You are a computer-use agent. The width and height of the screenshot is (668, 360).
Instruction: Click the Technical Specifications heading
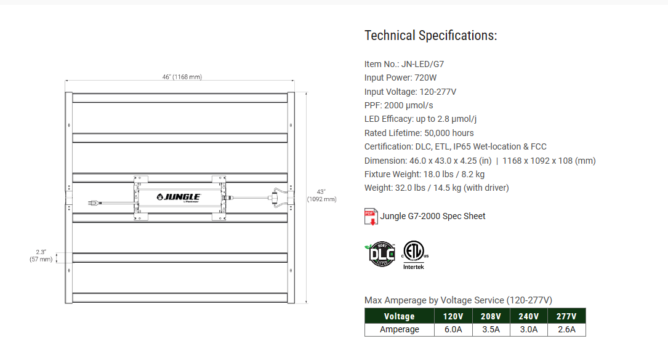point(430,36)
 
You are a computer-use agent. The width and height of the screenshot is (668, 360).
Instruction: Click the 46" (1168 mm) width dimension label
point(182,77)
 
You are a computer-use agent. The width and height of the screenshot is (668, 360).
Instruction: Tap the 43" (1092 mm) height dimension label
point(322,195)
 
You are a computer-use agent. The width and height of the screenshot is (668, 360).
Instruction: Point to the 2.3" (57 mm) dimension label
point(41,256)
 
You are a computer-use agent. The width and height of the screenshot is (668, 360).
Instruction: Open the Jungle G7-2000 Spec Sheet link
point(433,216)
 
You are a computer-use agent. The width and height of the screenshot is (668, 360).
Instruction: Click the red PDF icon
point(371,217)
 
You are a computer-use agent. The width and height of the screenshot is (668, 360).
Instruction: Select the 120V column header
point(453,316)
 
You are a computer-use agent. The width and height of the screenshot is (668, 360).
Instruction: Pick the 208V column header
point(491,316)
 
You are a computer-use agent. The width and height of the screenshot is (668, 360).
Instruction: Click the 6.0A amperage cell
point(453,330)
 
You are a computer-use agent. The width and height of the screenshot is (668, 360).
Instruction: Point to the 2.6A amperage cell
point(566,330)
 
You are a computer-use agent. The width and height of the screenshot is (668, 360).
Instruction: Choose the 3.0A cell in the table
point(528,330)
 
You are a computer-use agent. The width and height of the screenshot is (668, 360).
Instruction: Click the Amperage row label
point(399,330)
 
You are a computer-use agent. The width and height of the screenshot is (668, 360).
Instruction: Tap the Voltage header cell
point(399,316)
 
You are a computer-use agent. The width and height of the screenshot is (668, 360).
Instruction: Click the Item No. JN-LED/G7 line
point(404,64)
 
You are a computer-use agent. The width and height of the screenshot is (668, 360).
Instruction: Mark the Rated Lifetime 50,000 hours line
point(419,133)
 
